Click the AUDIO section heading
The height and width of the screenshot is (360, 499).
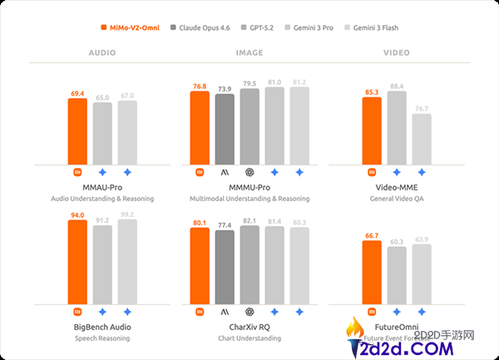102,52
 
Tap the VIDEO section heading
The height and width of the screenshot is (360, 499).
397,52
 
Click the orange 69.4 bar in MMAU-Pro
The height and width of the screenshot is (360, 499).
77,131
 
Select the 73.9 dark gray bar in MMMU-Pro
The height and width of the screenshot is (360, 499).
225,128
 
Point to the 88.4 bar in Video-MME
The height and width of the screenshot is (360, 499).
397,126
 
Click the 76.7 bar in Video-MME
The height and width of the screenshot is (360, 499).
422,138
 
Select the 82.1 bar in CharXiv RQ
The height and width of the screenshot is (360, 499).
249,267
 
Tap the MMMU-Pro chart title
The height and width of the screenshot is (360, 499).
249,188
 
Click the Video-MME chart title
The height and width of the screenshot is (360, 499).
397,188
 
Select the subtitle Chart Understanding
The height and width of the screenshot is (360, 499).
249,338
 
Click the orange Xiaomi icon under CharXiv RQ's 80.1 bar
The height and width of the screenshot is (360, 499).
200,312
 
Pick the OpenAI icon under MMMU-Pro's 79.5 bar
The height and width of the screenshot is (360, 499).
249,172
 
